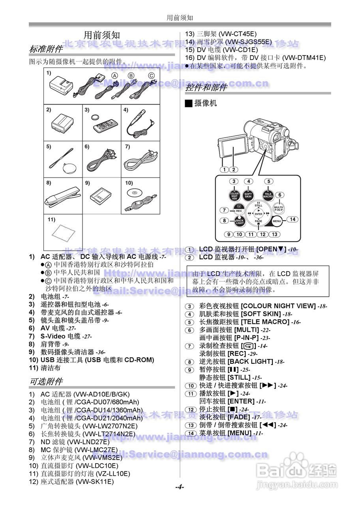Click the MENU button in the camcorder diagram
point(277,221)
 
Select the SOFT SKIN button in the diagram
point(248,195)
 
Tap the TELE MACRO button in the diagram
point(268,195)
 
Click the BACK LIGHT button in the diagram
point(240,222)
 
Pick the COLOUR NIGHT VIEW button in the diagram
point(234,195)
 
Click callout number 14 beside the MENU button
point(292,219)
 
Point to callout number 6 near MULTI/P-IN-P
point(279,195)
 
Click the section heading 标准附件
point(46,49)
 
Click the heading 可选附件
point(46,382)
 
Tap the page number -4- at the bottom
point(180,487)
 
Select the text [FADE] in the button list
point(239,417)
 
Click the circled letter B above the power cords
point(131,76)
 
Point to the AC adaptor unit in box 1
point(61,84)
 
